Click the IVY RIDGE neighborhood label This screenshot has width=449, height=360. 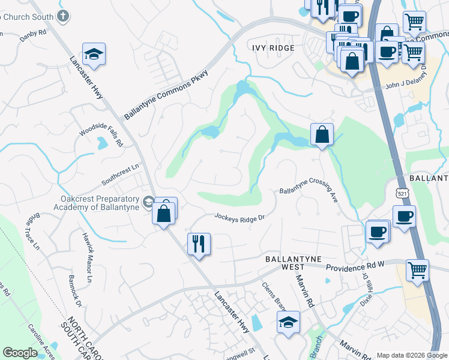click(x=273, y=48)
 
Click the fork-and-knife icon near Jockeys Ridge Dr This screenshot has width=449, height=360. click(x=198, y=244)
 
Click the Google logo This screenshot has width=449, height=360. click(x=20, y=353)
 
